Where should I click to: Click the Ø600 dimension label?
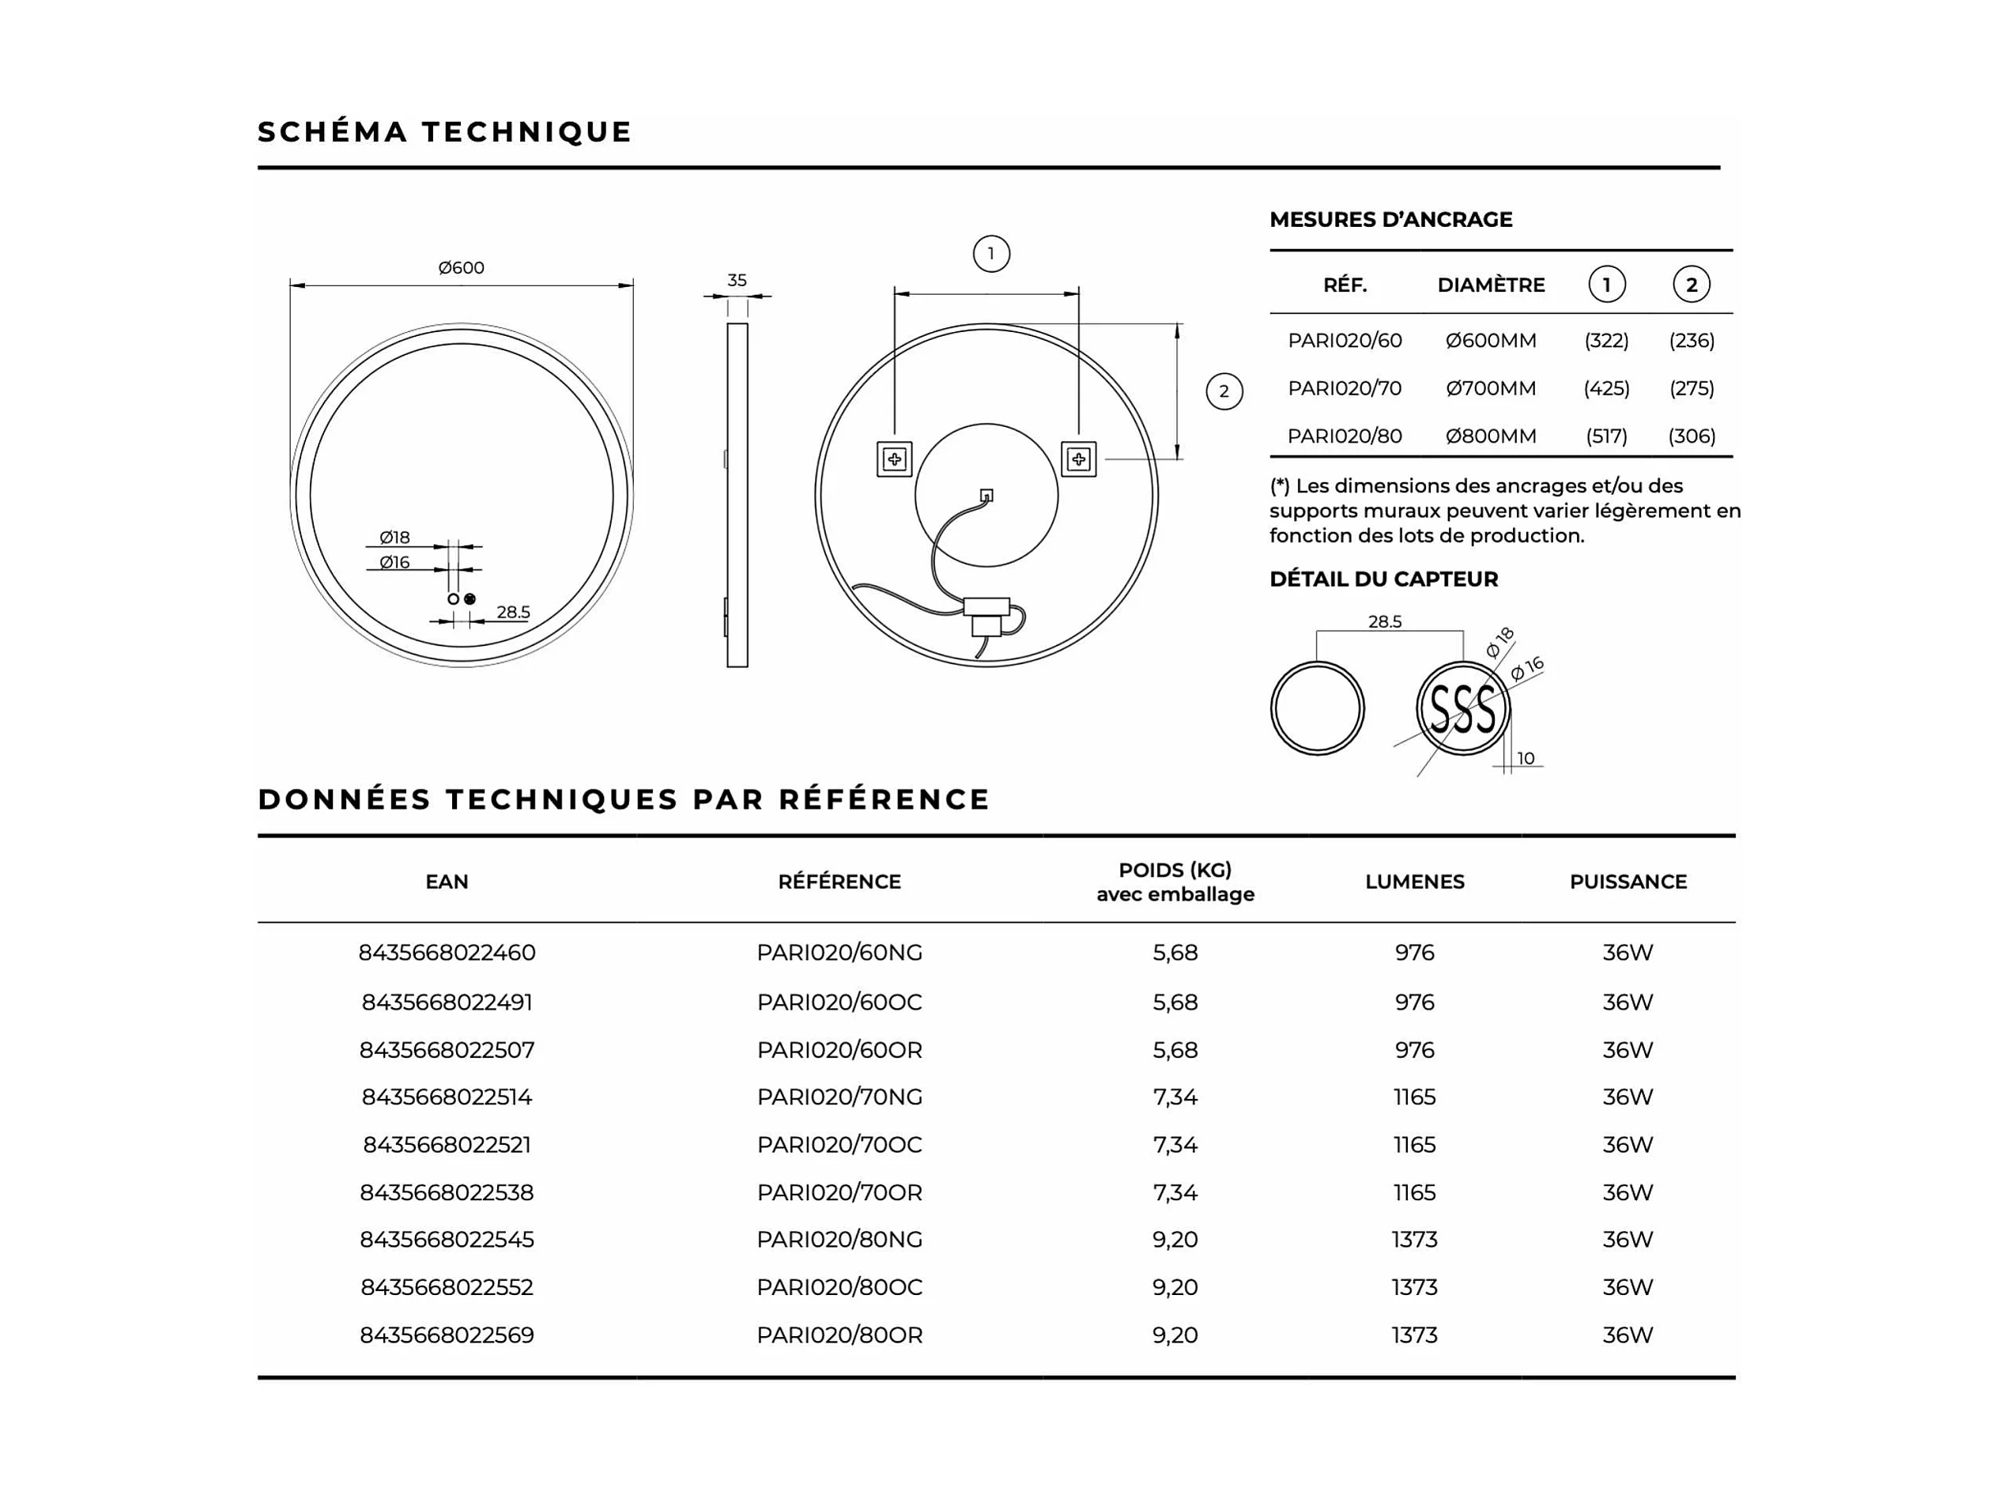click(461, 267)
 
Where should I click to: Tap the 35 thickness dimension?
click(737, 280)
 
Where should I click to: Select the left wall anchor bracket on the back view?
click(895, 459)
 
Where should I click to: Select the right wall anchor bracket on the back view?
click(1078, 459)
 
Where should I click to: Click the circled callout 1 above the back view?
click(990, 254)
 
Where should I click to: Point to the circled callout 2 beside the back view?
click(1224, 391)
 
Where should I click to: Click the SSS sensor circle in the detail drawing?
click(1462, 709)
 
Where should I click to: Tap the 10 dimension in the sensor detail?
click(1526, 758)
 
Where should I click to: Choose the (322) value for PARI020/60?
click(1606, 341)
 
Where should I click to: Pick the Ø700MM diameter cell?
click(1490, 389)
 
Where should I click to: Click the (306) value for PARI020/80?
click(1691, 436)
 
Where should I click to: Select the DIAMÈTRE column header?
click(1490, 285)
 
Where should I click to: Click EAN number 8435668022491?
click(447, 1002)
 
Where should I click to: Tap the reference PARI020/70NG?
click(839, 1097)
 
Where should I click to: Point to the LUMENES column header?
click(1414, 882)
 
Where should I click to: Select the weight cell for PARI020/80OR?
click(1175, 1335)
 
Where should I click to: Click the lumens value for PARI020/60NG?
click(1414, 953)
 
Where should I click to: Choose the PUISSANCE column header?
click(1627, 882)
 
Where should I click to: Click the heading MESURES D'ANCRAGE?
click(1390, 220)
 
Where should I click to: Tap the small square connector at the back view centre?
click(986, 496)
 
